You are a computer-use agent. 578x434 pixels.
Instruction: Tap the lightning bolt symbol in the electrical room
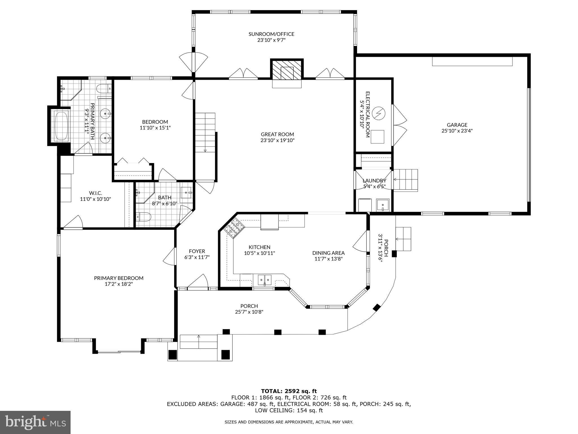pos(378,113)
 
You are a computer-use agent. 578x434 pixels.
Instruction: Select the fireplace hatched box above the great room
pos(287,70)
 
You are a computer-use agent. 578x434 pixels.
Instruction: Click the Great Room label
pos(277,134)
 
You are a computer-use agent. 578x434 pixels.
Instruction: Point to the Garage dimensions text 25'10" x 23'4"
pos(457,131)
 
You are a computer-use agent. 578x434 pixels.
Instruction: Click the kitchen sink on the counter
pos(264,280)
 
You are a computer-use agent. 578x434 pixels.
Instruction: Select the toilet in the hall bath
pos(144,217)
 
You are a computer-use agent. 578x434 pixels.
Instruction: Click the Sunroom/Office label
pos(271,34)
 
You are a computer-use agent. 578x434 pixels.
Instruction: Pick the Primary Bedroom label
pos(119,278)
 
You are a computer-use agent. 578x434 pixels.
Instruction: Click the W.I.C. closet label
pos(95,193)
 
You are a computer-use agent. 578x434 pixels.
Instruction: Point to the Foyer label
pos(197,251)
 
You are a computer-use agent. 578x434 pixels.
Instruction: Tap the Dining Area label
pos(329,253)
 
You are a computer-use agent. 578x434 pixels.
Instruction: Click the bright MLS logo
pos(35,422)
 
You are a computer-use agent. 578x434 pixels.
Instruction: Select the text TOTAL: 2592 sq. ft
pos(289,391)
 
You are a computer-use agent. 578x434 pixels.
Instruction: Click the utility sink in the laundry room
pos(383,205)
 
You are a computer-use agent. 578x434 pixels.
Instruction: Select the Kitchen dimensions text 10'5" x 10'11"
pos(259,253)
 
